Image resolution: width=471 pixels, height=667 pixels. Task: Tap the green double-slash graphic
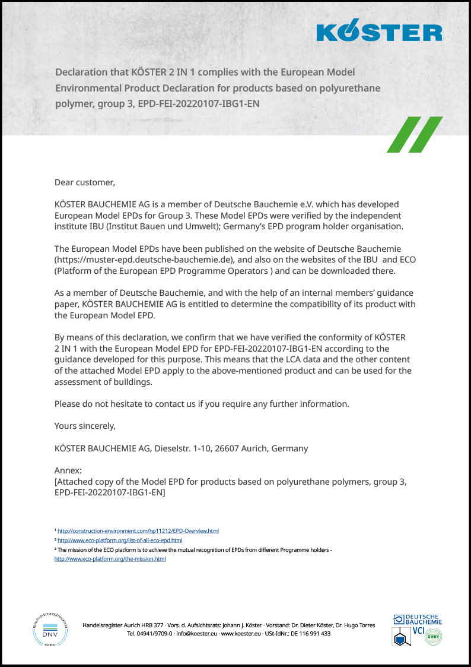(x=415, y=134)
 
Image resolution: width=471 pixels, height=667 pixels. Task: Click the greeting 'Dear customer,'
(x=84, y=182)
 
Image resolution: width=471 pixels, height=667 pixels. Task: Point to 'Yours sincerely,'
(x=85, y=426)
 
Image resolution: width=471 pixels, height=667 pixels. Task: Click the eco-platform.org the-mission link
(x=110, y=559)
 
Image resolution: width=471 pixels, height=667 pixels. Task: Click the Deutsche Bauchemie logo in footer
(x=418, y=619)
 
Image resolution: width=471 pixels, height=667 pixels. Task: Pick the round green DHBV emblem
(x=434, y=636)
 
